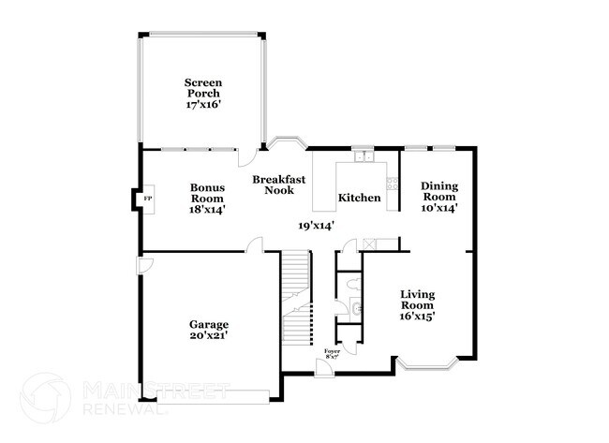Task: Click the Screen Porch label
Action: [203, 88]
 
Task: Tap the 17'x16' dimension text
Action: [203, 106]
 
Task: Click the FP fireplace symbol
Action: [146, 199]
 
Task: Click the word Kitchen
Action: [359, 198]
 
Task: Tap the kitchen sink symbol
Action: [363, 153]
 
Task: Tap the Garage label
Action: [207, 324]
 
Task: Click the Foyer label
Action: [332, 350]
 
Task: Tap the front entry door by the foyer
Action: [323, 368]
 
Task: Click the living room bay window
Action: [425, 363]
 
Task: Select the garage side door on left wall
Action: [142, 266]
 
